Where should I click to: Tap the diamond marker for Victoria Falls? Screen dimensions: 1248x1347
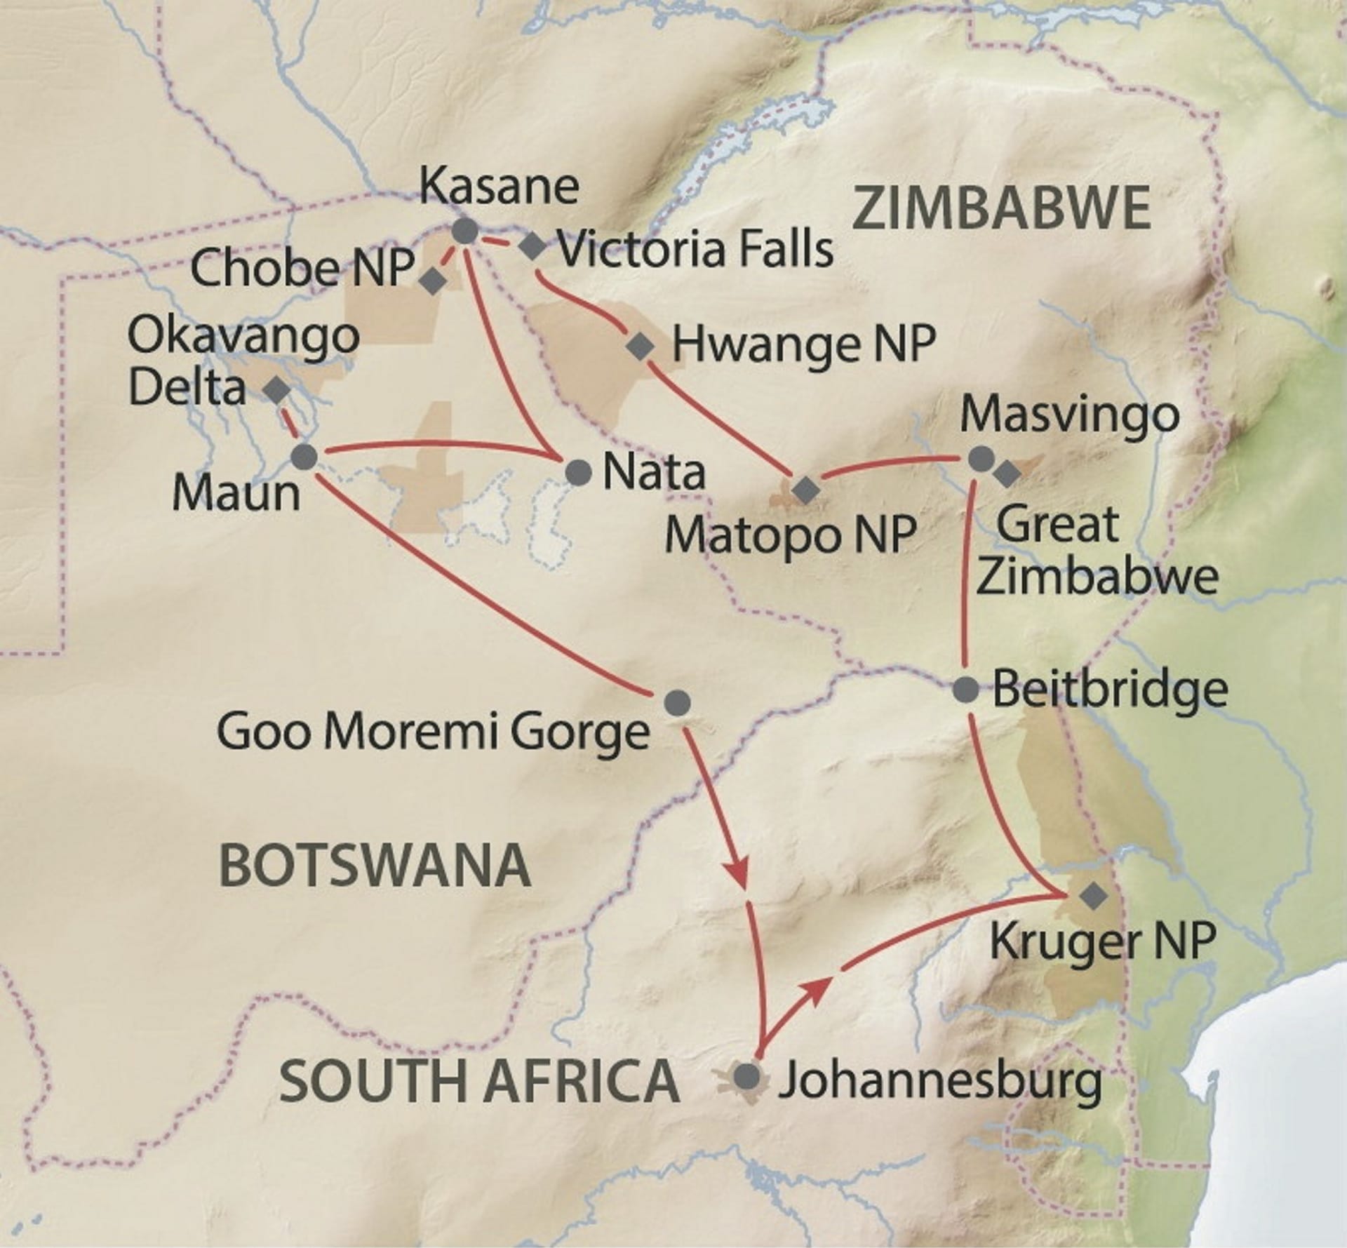532,246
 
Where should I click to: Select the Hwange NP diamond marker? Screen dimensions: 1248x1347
639,347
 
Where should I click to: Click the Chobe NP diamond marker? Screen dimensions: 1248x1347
432,281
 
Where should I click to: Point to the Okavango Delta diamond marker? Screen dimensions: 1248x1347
276,390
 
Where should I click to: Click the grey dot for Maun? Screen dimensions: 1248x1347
304,457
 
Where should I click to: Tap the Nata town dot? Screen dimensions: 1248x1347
578,472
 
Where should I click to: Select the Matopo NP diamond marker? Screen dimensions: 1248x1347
804,489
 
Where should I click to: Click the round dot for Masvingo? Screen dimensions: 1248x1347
981,459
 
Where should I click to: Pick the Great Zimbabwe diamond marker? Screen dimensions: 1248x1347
1007,474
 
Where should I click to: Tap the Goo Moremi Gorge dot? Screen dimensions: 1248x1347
676,701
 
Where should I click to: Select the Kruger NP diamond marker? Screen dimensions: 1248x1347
1092,895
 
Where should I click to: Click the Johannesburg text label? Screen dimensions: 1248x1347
940,1099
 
